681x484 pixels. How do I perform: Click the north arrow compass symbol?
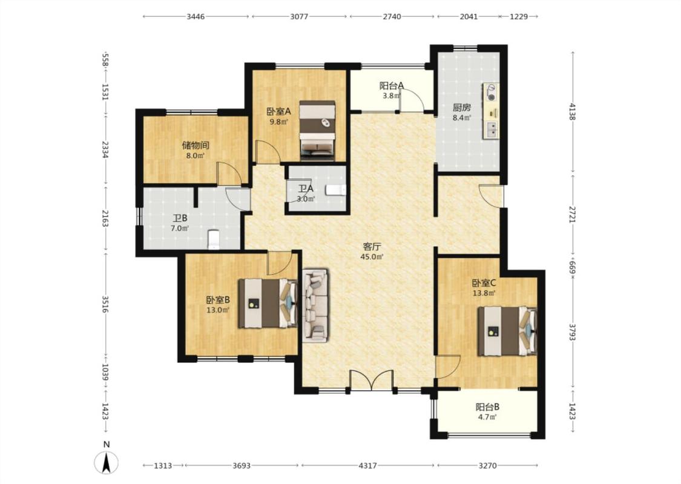point(107,463)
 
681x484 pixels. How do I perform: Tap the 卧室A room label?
point(279,111)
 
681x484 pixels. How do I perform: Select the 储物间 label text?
point(196,145)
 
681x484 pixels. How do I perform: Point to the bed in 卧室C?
point(507,331)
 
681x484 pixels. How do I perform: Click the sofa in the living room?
point(315,305)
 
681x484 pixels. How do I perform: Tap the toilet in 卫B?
point(214,240)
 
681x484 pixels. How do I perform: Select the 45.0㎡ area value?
point(372,257)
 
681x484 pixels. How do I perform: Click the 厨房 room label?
point(462,107)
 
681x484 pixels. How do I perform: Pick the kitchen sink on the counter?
point(492,129)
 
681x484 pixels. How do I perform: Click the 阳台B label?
point(487,407)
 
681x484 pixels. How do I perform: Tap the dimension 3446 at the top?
point(196,16)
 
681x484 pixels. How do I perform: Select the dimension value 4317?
point(368,465)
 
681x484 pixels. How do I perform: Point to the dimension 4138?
point(573,111)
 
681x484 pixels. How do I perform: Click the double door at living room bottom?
point(371,381)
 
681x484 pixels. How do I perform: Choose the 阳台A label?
point(392,85)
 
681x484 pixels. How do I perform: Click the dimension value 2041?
point(469,16)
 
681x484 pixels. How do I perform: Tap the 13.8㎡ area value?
point(484,293)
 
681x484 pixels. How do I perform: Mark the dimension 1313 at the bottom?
point(163,465)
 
